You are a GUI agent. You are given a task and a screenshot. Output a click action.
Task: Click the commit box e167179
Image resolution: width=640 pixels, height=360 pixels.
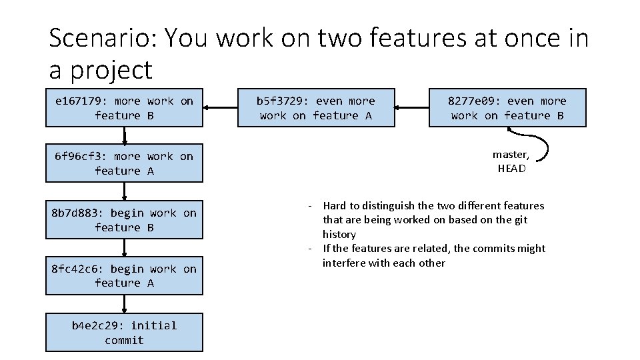[124, 108]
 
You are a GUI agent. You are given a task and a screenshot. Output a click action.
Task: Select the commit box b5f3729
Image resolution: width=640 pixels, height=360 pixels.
[316, 108]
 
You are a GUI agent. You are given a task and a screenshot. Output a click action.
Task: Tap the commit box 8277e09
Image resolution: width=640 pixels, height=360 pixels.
[507, 108]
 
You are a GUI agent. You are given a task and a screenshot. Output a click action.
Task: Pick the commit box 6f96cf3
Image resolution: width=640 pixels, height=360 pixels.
[124, 163]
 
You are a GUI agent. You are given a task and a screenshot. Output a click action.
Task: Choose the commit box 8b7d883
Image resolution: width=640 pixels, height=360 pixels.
[124, 220]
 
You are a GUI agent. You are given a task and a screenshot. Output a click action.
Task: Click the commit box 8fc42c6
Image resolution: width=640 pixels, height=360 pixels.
[124, 276]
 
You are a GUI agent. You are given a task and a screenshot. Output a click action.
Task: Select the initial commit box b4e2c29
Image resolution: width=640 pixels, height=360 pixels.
[124, 333]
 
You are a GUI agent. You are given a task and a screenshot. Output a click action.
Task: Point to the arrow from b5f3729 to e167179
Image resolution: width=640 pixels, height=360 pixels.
[221, 107]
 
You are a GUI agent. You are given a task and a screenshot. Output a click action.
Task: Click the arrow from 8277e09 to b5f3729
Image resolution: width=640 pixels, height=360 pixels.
[412, 107]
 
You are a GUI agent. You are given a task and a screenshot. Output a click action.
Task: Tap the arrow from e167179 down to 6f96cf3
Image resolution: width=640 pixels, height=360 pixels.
[124, 135]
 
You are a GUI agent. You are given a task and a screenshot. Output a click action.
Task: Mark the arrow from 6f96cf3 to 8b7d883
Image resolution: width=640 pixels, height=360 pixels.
[124, 192]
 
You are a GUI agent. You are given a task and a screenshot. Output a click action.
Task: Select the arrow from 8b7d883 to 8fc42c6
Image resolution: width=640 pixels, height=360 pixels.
[124, 248]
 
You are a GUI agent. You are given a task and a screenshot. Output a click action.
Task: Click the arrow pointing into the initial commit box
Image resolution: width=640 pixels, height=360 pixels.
[124, 304]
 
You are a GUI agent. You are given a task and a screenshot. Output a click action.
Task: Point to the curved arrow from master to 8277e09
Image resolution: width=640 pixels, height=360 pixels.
[552, 147]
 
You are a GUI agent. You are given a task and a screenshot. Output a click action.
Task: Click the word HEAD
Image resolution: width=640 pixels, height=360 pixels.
[511, 169]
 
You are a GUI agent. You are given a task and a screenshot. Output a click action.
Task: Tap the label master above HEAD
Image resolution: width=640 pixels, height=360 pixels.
[511, 155]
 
